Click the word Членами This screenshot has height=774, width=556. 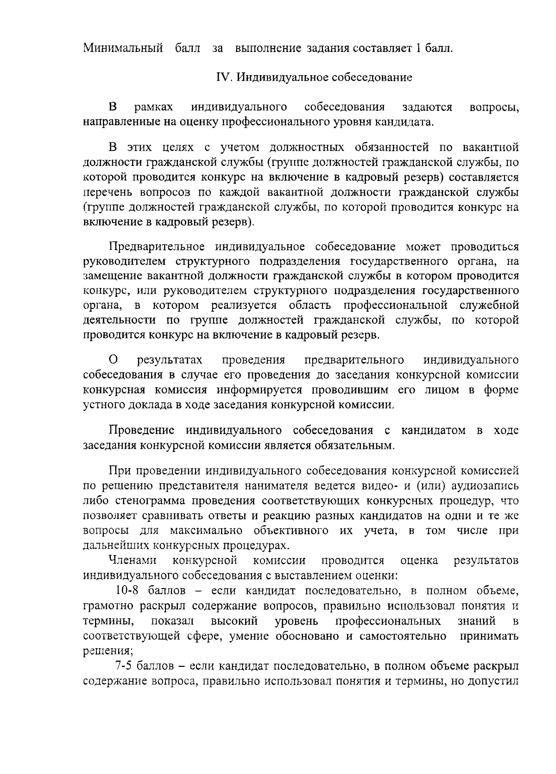point(133,561)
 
